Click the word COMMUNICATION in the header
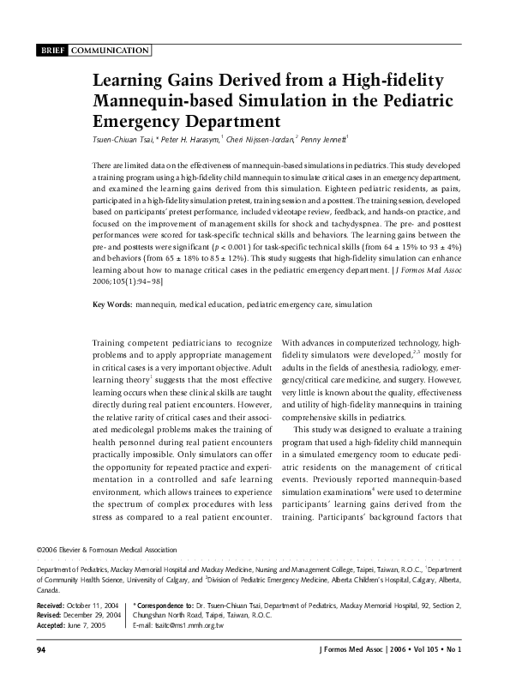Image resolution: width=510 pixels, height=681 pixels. pos(109,51)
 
